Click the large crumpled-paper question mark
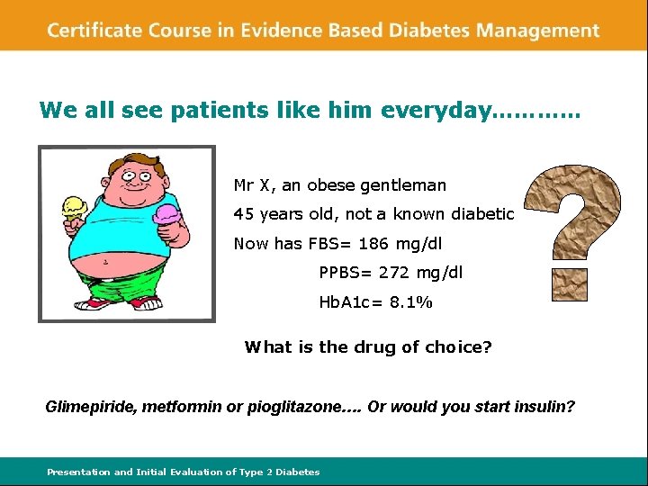(x=572, y=229)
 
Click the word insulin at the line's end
(x=544, y=407)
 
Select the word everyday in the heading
(x=436, y=111)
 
